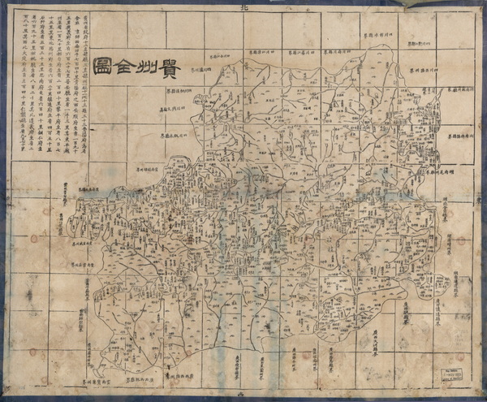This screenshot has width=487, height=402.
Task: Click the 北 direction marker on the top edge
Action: tap(243, 7)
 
